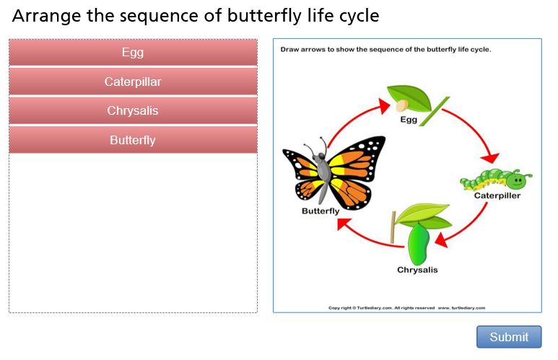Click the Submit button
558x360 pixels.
[x=509, y=336]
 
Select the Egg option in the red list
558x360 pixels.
[x=133, y=52]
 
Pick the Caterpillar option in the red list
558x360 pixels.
[x=133, y=82]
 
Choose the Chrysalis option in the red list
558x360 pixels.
[x=133, y=110]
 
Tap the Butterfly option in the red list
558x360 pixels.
[x=133, y=140]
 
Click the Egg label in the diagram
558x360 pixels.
[x=409, y=120]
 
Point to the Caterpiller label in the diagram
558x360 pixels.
[x=497, y=196]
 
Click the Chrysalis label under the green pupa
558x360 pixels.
[x=417, y=270]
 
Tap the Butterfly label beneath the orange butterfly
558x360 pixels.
[x=321, y=211]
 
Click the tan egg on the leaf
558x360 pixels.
[x=403, y=105]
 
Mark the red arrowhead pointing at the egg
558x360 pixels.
[x=384, y=106]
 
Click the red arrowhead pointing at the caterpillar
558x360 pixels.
[x=490, y=157]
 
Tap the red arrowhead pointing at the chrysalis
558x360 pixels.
[x=441, y=240]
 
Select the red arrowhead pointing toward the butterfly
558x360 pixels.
[x=344, y=224]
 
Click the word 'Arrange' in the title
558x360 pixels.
[x=47, y=17]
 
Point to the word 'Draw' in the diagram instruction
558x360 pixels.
[x=289, y=50]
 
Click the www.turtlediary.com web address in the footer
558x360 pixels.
[x=461, y=308]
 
